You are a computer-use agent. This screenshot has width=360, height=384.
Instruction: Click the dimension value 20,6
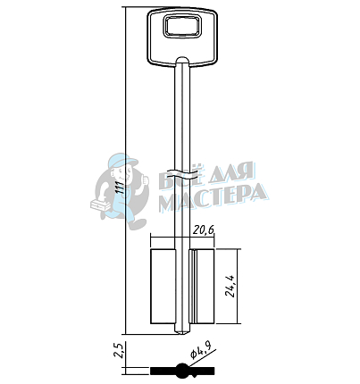point(204,230)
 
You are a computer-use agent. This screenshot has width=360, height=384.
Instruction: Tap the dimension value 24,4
point(230,286)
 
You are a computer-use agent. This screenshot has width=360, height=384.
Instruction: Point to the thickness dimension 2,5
point(119,350)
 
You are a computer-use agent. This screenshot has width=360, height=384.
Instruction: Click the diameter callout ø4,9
point(201,350)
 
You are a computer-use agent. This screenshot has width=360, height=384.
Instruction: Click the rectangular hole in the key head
point(182,27)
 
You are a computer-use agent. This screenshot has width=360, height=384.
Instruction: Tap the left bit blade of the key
point(163,287)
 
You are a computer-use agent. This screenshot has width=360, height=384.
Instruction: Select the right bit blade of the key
point(202,287)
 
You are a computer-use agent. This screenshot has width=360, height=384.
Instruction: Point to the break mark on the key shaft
point(182,173)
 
